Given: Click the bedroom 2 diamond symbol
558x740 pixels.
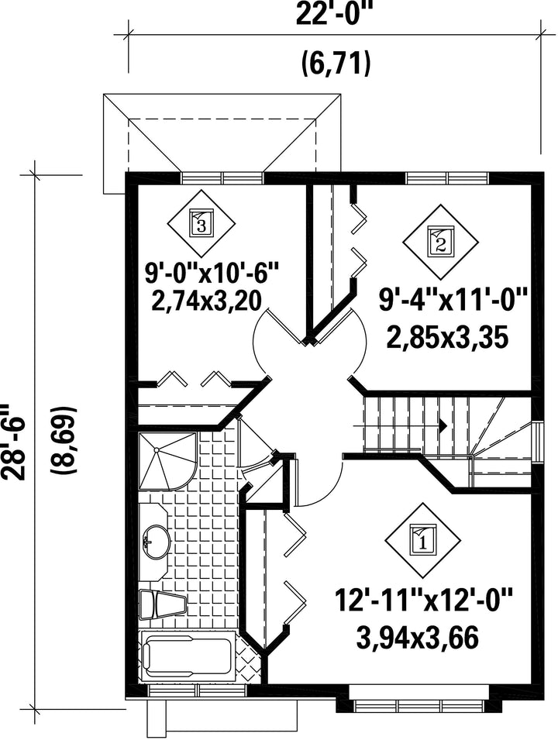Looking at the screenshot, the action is pyautogui.click(x=439, y=240).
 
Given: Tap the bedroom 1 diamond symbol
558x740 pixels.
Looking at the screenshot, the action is pyautogui.click(x=422, y=540).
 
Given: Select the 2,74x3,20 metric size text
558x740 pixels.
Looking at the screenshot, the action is pyautogui.click(x=207, y=301).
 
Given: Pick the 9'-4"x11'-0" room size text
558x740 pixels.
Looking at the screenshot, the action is pyautogui.click(x=453, y=300).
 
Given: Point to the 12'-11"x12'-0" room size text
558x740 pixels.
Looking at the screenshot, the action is pyautogui.click(x=423, y=601).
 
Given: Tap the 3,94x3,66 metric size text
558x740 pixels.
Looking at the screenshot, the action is pyautogui.click(x=417, y=637).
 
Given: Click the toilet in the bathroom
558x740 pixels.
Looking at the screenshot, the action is pyautogui.click(x=163, y=604).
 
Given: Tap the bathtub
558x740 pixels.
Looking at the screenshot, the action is pyautogui.click(x=188, y=656).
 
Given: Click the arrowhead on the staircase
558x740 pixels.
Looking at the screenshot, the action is pyautogui.click(x=443, y=425).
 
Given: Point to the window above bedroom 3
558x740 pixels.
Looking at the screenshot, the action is pyautogui.click(x=222, y=178).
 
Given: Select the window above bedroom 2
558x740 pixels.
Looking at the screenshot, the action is pyautogui.click(x=446, y=178).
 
